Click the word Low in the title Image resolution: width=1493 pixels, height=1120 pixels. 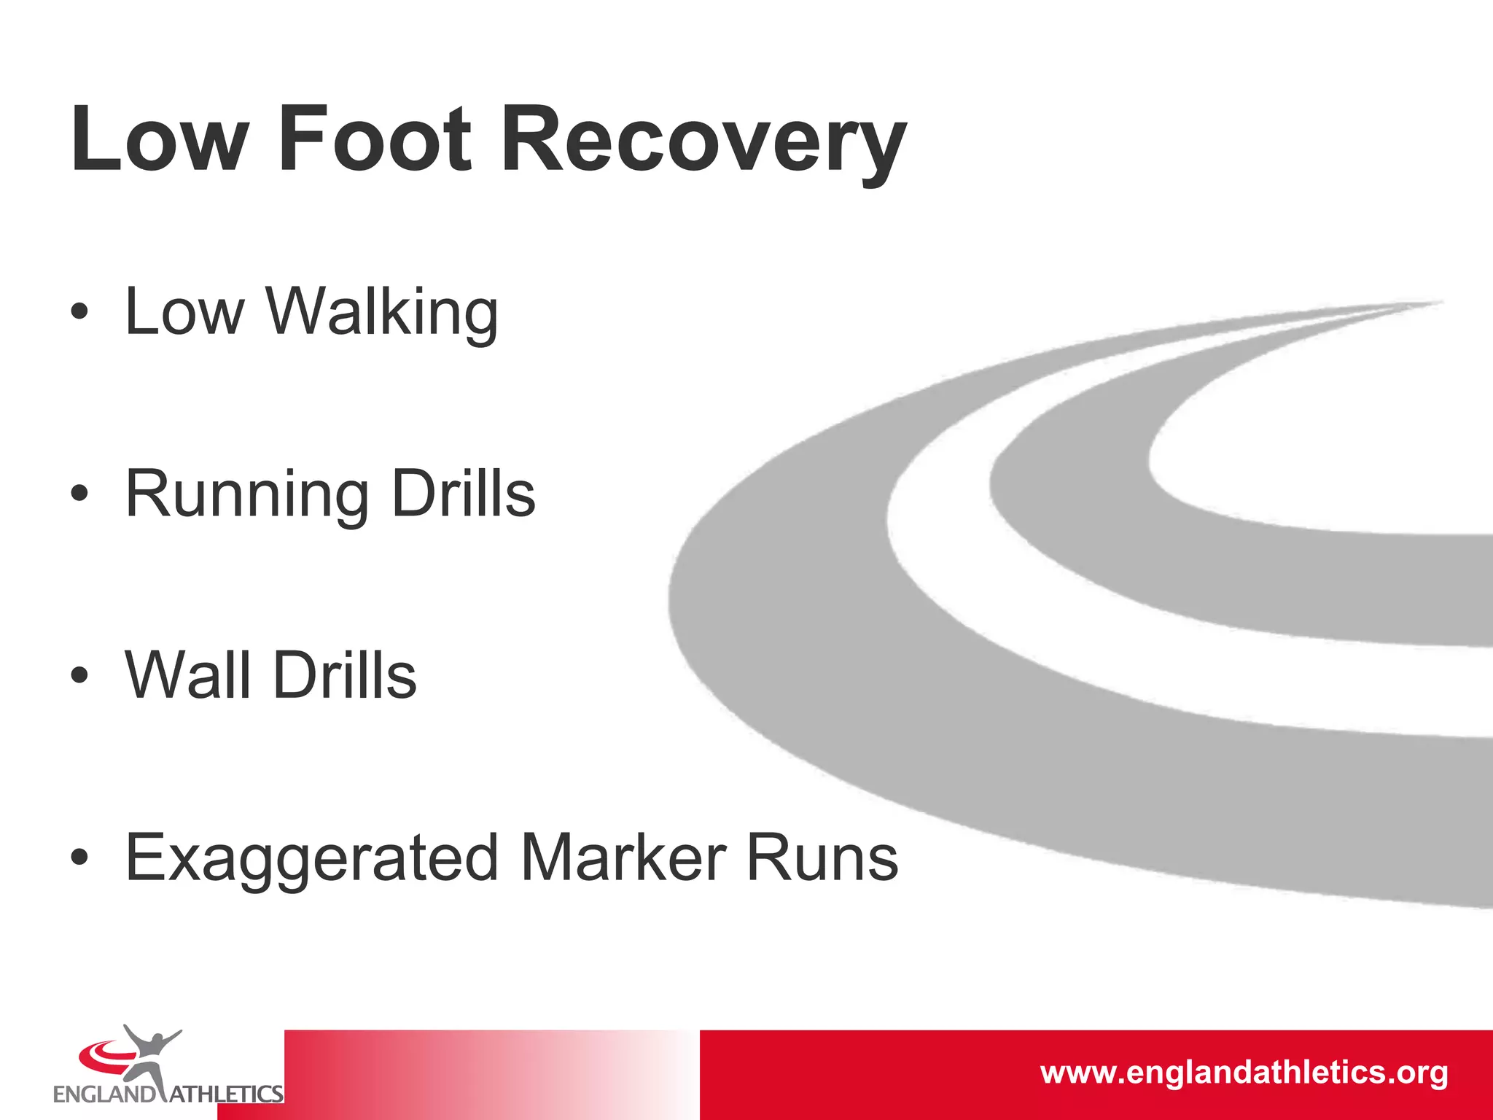(x=160, y=139)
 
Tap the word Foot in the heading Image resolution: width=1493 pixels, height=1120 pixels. (x=375, y=139)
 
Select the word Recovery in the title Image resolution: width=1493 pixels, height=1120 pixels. (x=703, y=142)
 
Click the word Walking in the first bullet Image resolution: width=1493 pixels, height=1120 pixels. (x=382, y=312)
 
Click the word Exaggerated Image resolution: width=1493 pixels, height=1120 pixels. (x=312, y=859)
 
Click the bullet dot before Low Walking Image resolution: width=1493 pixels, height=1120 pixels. (x=79, y=313)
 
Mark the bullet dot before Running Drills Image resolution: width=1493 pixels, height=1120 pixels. (x=79, y=494)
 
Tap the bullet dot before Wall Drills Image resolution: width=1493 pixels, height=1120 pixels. (x=79, y=675)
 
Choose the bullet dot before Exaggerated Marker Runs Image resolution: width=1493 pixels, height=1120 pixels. (x=79, y=857)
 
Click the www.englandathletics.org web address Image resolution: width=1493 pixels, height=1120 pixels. (x=1244, y=1073)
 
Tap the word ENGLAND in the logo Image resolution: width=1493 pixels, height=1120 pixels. (x=104, y=1094)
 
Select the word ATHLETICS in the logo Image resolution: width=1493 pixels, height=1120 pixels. (x=227, y=1094)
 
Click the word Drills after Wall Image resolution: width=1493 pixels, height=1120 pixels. (x=344, y=675)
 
